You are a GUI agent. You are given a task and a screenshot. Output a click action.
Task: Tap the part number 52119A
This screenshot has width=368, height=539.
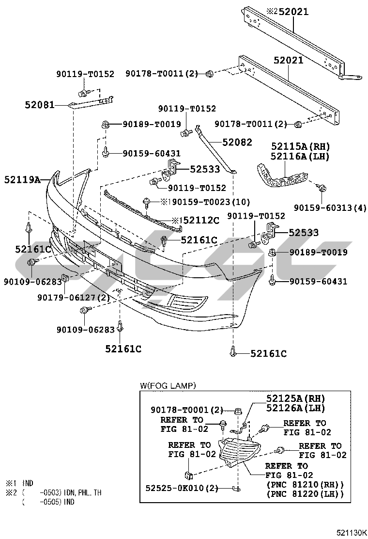pyautogui.click(x=22, y=180)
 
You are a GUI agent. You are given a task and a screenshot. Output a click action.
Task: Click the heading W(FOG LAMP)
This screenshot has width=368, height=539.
pyautogui.click(x=168, y=386)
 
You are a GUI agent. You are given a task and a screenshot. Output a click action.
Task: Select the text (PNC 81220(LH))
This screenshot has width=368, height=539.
pyautogui.click(x=305, y=494)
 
